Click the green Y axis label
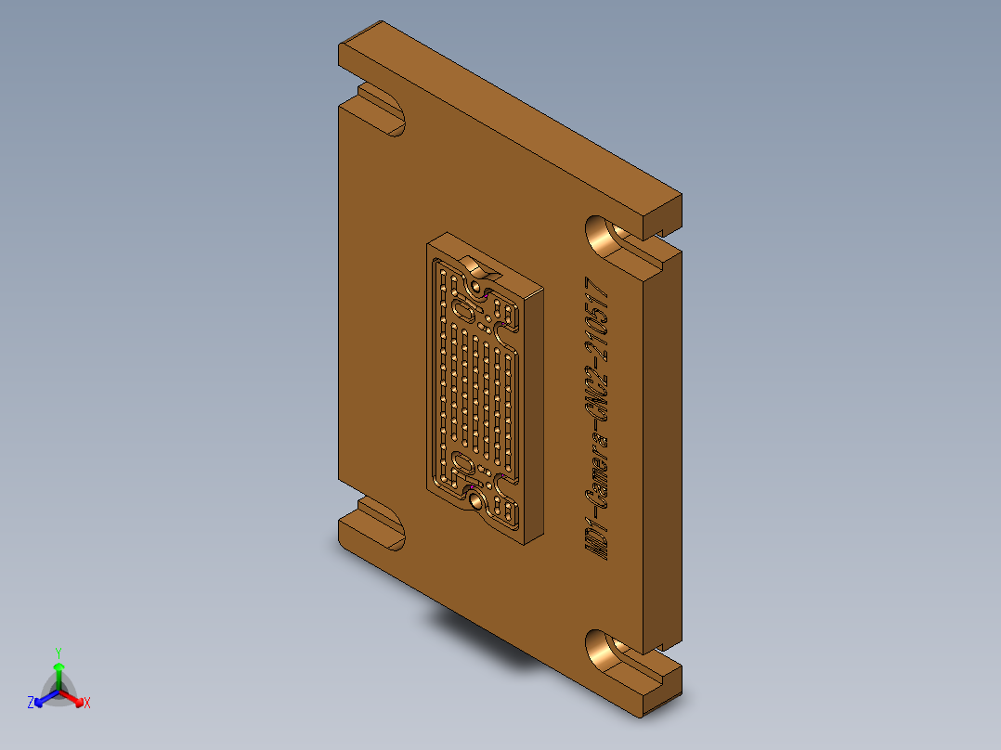pyautogui.click(x=58, y=652)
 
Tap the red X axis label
pyautogui.click(x=86, y=704)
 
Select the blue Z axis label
pyautogui.click(x=31, y=704)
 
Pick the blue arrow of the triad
pyautogui.click(x=44, y=697)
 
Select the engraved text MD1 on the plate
pyautogui.click(x=599, y=539)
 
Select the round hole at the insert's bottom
pyautogui.click(x=476, y=501)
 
